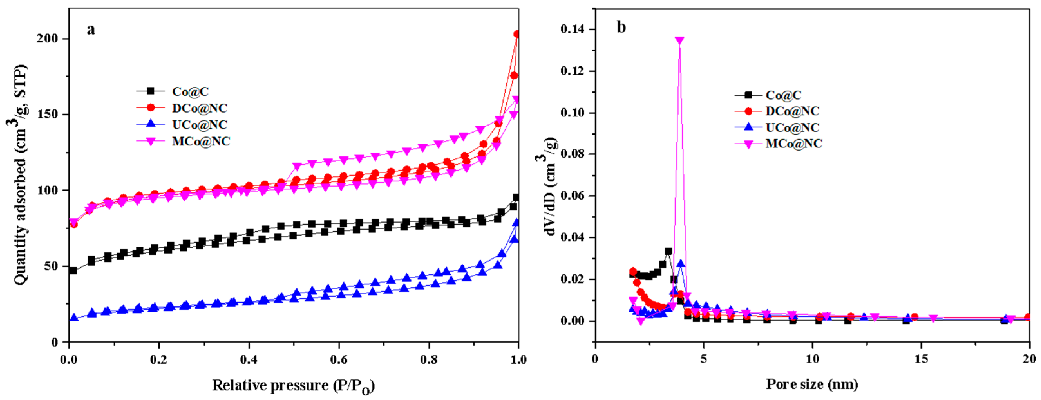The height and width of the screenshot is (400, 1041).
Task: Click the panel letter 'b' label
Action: [x=621, y=27]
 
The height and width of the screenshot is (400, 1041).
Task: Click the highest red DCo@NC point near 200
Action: [x=516, y=34]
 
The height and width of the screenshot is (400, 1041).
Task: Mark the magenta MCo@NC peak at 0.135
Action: [x=679, y=41]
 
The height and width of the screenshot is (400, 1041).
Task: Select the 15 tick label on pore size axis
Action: [x=921, y=359]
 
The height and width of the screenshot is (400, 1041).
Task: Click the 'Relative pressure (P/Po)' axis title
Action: [x=293, y=386]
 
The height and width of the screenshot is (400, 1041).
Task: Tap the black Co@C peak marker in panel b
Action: [x=668, y=251]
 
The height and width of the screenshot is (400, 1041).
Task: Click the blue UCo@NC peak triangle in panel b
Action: [x=681, y=264]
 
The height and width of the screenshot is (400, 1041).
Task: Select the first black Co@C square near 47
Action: [x=73, y=271]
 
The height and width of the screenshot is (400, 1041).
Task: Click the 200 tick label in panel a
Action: [x=48, y=39]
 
